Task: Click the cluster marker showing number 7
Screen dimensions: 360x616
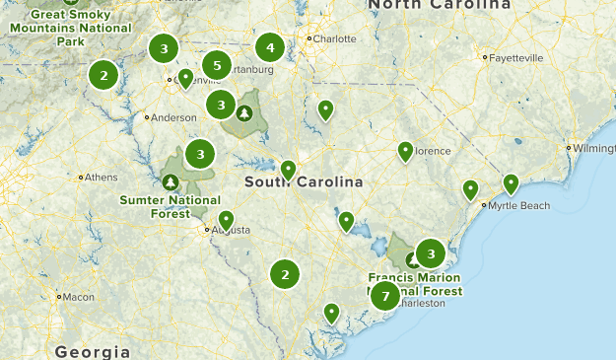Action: click(384, 296)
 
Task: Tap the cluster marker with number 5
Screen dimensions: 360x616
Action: click(217, 62)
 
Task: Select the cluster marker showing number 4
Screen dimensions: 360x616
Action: click(270, 47)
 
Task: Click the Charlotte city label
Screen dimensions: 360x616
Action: click(334, 39)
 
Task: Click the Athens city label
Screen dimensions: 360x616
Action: click(101, 178)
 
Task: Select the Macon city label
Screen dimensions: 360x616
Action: click(77, 296)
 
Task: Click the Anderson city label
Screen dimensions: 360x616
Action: click(173, 117)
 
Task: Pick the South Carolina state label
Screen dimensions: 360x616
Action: click(304, 182)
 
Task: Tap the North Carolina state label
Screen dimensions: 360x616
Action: click(443, 7)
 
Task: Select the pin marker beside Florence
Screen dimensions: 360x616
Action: click(405, 150)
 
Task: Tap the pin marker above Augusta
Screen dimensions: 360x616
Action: click(226, 219)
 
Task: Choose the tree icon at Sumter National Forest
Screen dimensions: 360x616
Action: click(171, 182)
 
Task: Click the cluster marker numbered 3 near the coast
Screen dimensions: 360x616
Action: click(430, 254)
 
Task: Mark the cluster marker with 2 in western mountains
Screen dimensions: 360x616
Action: click(103, 74)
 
